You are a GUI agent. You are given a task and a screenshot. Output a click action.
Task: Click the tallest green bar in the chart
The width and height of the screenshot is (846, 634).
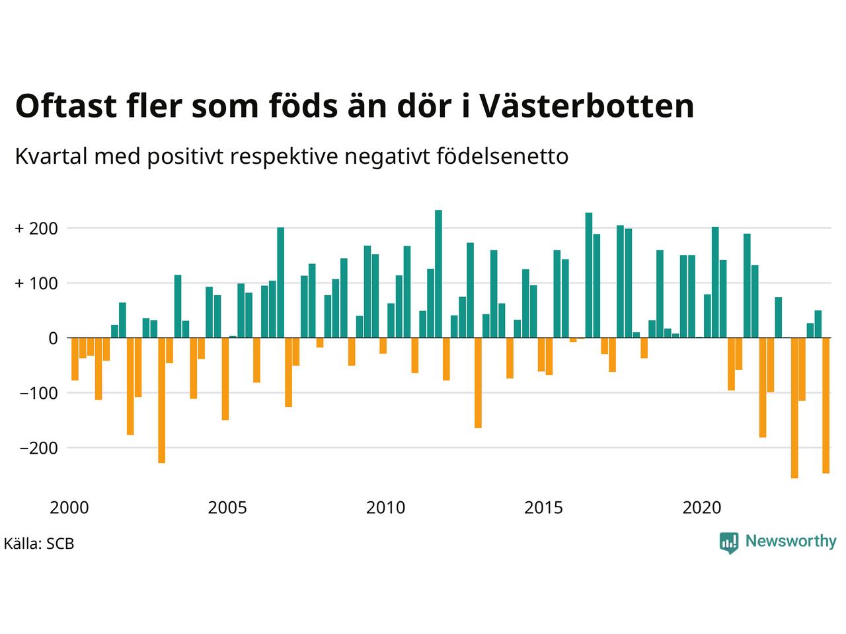coord(438,273)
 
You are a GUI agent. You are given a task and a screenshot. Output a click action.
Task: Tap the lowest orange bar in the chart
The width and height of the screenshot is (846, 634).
coord(794,408)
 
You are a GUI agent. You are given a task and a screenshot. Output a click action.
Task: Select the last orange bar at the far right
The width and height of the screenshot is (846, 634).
coord(826,405)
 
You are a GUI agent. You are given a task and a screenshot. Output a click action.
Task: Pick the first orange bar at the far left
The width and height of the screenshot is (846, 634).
coord(75,359)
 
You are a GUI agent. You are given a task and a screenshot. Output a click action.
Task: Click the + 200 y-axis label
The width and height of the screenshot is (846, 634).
coord(36,229)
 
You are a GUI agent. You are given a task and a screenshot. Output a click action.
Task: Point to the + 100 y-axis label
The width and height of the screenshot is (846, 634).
coord(36,284)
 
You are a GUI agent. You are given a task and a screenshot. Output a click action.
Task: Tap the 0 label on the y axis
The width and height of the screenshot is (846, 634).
coord(53,338)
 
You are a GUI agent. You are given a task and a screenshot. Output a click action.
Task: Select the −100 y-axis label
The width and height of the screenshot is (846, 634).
coord(38,394)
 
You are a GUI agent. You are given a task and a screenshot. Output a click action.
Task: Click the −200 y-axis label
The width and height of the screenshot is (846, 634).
coord(38,448)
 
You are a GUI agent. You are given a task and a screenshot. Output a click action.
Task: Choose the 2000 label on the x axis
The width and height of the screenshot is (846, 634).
coord(69,508)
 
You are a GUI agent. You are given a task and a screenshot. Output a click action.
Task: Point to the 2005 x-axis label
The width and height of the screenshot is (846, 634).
coord(227,508)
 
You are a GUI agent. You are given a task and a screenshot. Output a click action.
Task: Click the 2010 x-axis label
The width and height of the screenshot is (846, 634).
coord(386,508)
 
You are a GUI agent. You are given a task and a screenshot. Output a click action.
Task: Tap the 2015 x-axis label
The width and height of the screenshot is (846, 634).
coord(544,508)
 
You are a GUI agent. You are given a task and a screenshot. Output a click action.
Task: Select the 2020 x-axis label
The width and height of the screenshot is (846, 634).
coord(702,508)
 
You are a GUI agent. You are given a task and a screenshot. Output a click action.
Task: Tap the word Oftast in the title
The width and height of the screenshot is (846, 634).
coord(66,105)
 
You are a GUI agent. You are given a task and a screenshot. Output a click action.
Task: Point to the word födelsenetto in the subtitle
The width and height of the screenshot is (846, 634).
coord(502,157)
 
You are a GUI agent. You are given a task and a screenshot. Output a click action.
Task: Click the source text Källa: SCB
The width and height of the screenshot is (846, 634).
coord(39,544)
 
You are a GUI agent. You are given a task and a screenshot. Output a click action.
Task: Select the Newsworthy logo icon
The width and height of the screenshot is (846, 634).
coord(729,543)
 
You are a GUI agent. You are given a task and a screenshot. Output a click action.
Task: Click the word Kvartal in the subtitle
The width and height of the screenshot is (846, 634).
coord(52,157)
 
